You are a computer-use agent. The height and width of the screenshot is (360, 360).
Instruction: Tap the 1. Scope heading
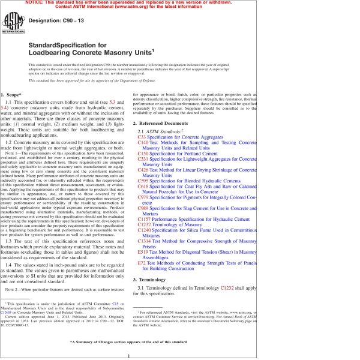(x=13, y=95)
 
